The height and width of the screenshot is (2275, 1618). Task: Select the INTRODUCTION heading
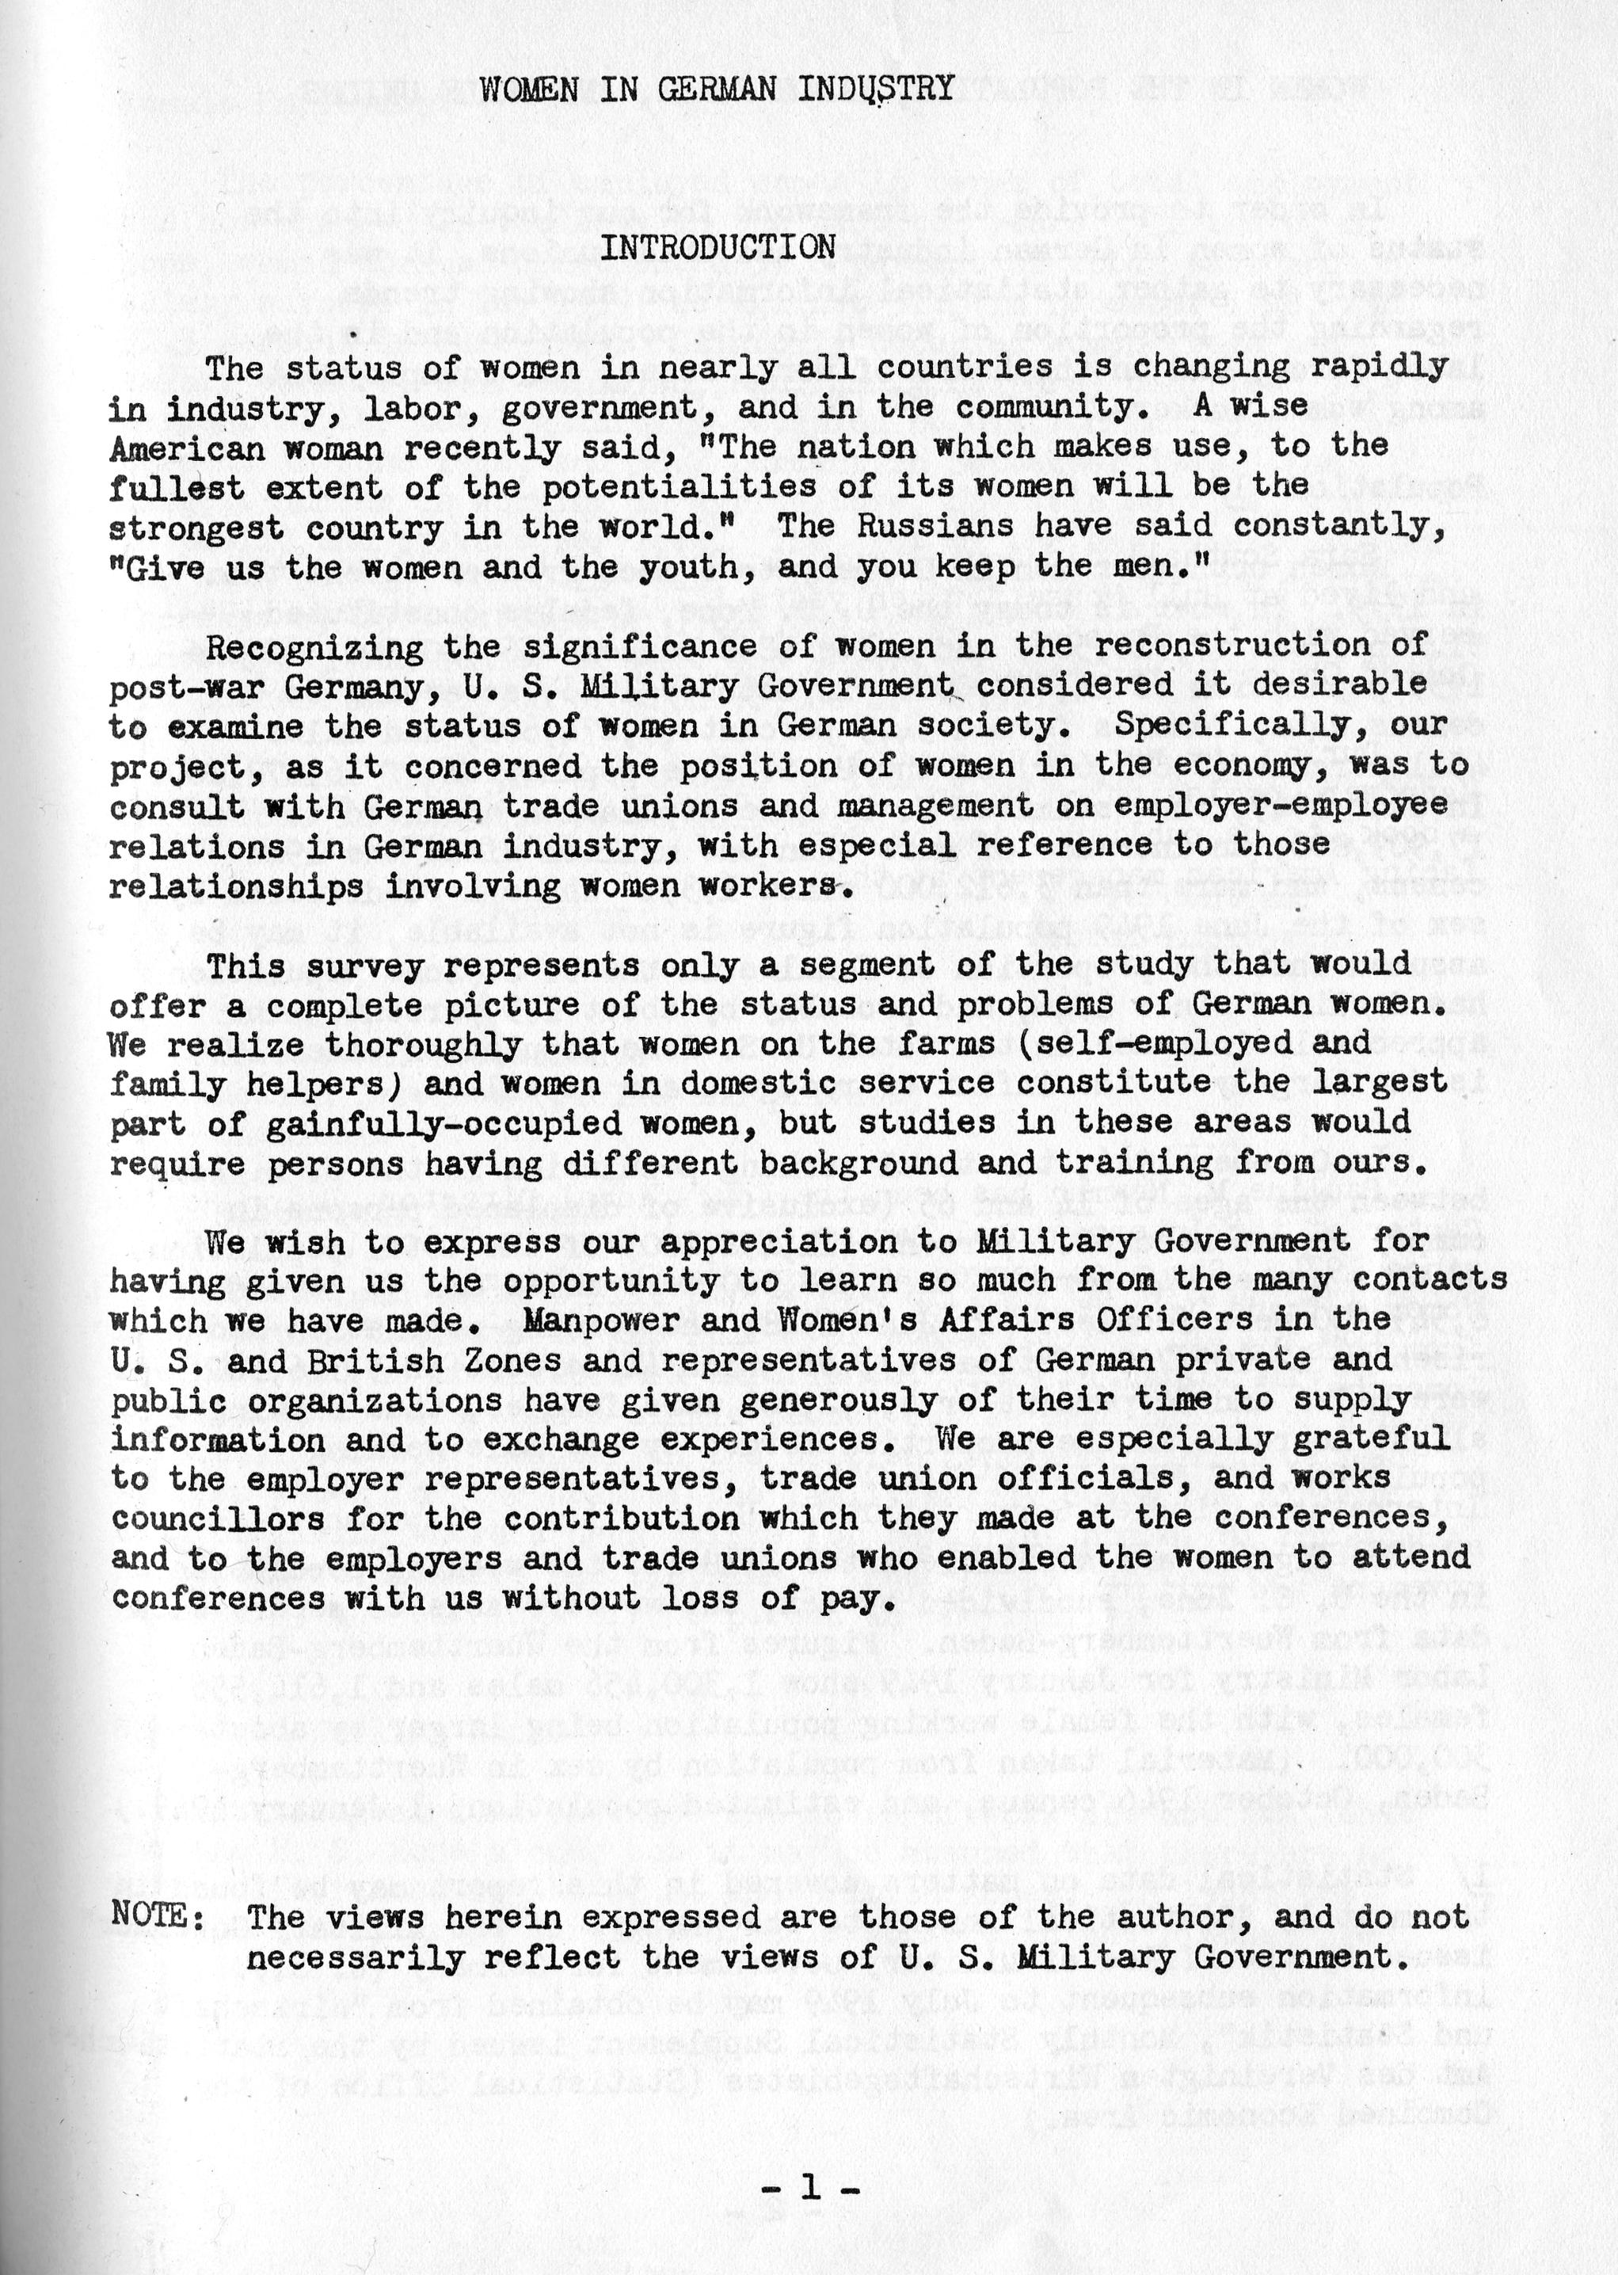717,247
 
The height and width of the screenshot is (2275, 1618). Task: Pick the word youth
680,567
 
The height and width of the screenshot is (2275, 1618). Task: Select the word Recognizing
305,646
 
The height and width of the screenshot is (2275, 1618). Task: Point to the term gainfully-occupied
444,1123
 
